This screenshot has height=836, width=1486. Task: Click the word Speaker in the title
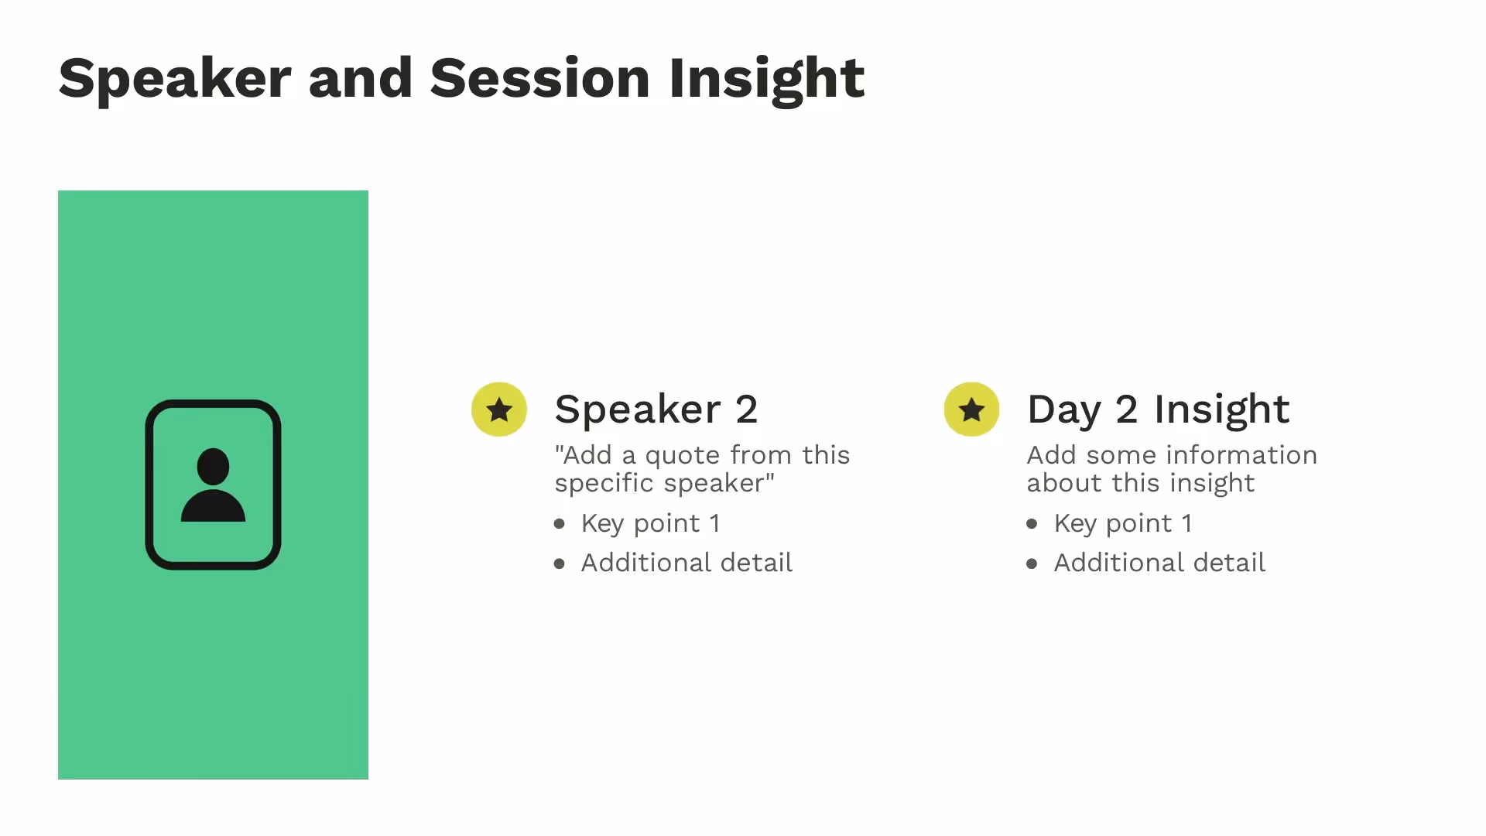tap(174, 78)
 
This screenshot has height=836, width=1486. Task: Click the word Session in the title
tap(539, 78)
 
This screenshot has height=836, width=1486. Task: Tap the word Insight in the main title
tap(766, 78)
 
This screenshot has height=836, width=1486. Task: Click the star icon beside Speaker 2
tap(499, 409)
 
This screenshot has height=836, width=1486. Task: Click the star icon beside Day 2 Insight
tap(971, 409)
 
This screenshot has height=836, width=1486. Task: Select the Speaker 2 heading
tap(656, 409)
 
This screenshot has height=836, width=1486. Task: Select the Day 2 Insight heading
tap(1158, 409)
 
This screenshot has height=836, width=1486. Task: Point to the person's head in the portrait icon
tap(213, 466)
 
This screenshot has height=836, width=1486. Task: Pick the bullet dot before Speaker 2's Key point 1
tap(560, 524)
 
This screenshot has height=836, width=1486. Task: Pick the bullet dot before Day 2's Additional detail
tap(1032, 564)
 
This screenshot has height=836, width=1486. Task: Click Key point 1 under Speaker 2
tap(650, 524)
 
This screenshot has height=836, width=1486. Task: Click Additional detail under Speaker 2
tap(687, 563)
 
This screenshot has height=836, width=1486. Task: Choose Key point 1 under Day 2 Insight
tap(1122, 524)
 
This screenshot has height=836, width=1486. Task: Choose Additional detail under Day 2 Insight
tap(1159, 563)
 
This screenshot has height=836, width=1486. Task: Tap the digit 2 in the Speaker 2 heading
tap(746, 409)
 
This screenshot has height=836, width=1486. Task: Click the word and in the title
tap(360, 78)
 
